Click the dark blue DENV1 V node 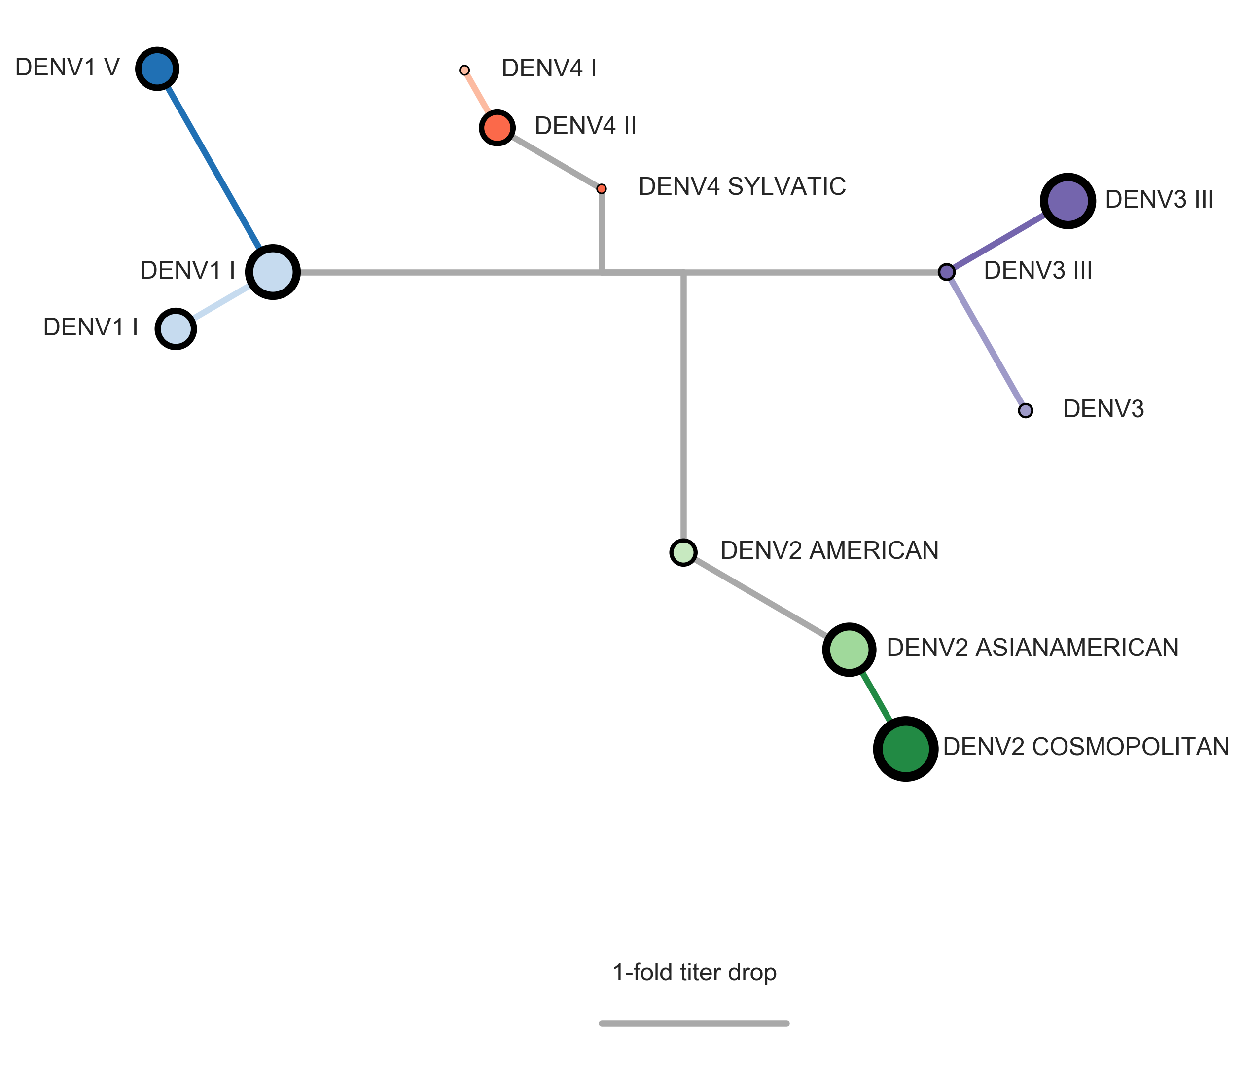tap(157, 69)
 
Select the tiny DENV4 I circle tap(464, 71)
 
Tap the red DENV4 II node tap(497, 128)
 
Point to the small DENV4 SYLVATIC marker tap(601, 189)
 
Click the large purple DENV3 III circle tap(1067, 201)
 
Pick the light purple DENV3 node tap(1025, 411)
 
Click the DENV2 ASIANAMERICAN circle tap(849, 649)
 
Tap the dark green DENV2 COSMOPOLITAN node tap(905, 749)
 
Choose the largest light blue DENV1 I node tap(273, 272)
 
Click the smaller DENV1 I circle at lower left tap(176, 329)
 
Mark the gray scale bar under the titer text tap(694, 1023)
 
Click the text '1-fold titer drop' tap(694, 972)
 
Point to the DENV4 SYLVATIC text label tap(742, 186)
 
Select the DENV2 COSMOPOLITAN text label tap(1086, 747)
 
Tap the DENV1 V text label tap(67, 67)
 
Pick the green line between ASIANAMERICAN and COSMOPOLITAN tap(876, 697)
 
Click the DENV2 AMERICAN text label tap(829, 550)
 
